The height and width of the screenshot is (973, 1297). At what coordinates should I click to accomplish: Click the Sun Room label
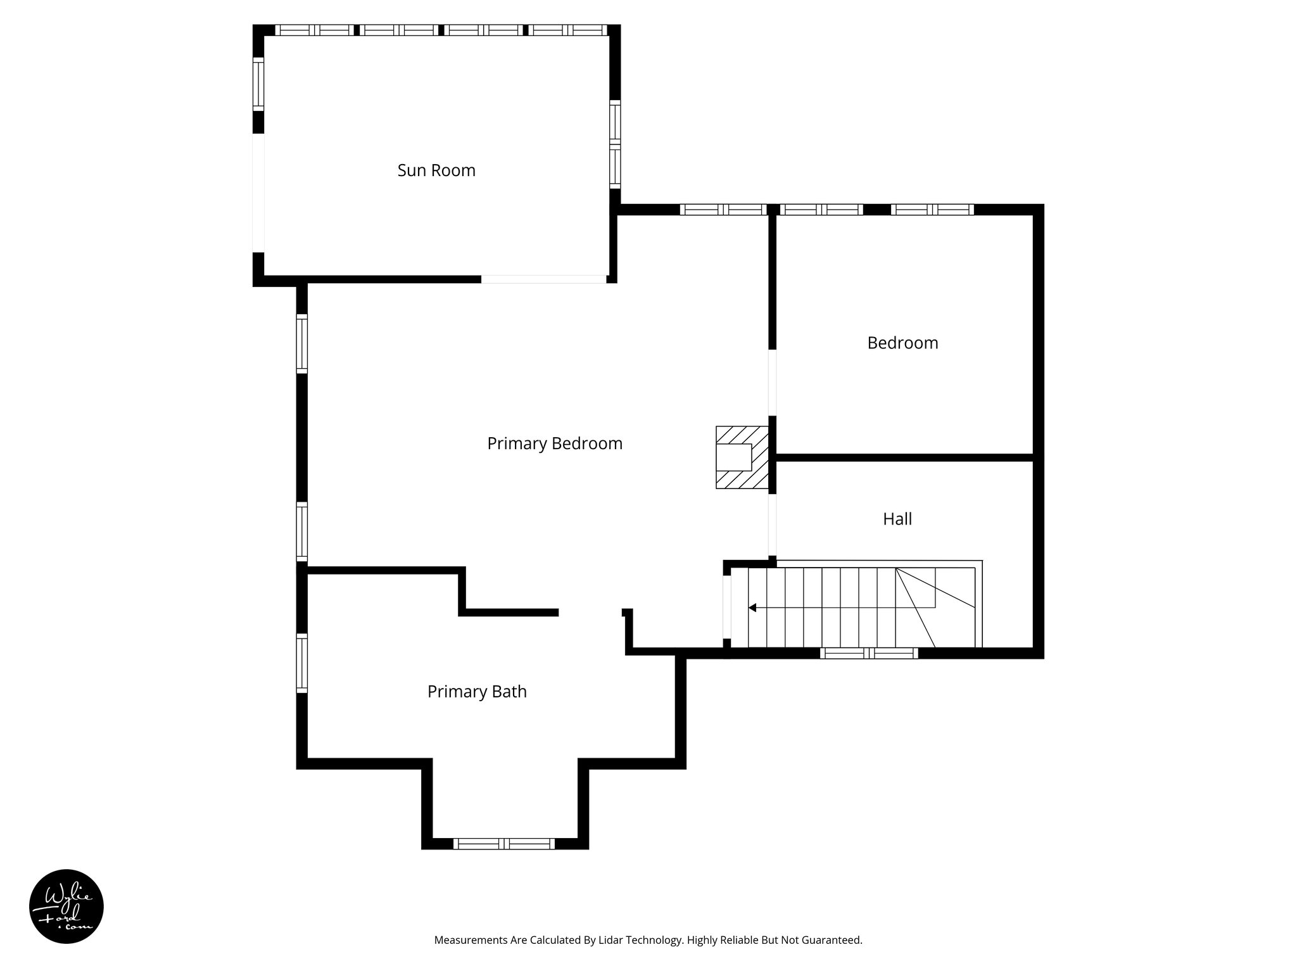tap(436, 170)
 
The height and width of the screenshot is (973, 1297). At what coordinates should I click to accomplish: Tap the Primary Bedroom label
tap(555, 443)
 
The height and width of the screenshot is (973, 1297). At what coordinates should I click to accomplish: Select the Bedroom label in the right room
tap(902, 343)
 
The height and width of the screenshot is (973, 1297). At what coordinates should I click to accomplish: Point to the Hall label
tap(897, 519)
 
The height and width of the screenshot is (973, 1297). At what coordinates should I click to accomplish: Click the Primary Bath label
tap(477, 692)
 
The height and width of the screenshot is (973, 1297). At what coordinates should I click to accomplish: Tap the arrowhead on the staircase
tap(752, 607)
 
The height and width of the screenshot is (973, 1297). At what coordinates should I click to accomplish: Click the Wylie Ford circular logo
tap(66, 906)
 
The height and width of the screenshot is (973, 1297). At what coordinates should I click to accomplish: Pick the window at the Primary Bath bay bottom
tap(504, 844)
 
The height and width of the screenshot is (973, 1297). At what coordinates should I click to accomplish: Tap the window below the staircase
tap(868, 654)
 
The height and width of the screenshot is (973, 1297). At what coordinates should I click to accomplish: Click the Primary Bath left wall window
tap(302, 663)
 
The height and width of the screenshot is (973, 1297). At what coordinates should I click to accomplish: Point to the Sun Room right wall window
tap(615, 144)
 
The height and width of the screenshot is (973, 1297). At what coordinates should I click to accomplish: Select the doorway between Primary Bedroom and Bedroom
tap(773, 383)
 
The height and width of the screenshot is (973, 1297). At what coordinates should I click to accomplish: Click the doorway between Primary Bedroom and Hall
tap(773, 525)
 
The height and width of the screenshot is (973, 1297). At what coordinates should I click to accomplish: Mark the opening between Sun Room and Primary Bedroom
tap(543, 279)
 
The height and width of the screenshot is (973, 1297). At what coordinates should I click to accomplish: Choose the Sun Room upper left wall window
tap(258, 84)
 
